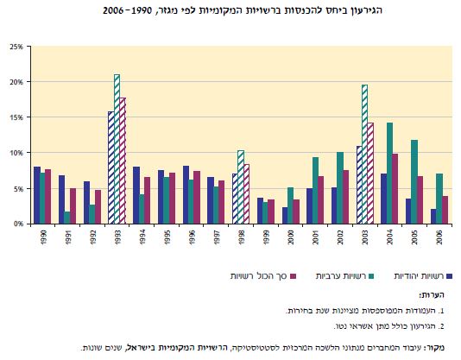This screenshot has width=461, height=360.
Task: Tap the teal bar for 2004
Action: click(390, 173)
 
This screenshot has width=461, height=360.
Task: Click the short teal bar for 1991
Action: click(66, 217)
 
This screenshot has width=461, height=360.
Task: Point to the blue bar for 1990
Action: click(36, 194)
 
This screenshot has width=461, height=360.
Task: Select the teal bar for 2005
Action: click(414, 181)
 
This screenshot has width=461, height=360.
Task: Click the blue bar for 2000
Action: click(285, 214)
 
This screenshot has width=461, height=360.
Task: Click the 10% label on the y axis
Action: click(16, 153)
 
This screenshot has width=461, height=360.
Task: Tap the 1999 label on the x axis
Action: click(266, 237)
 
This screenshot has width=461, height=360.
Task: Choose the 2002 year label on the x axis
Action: click(341, 237)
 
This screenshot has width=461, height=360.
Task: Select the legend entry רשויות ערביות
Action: click(337, 276)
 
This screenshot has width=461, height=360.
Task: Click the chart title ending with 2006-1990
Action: click(230, 11)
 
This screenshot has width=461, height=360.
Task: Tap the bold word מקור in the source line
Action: click(441, 348)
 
